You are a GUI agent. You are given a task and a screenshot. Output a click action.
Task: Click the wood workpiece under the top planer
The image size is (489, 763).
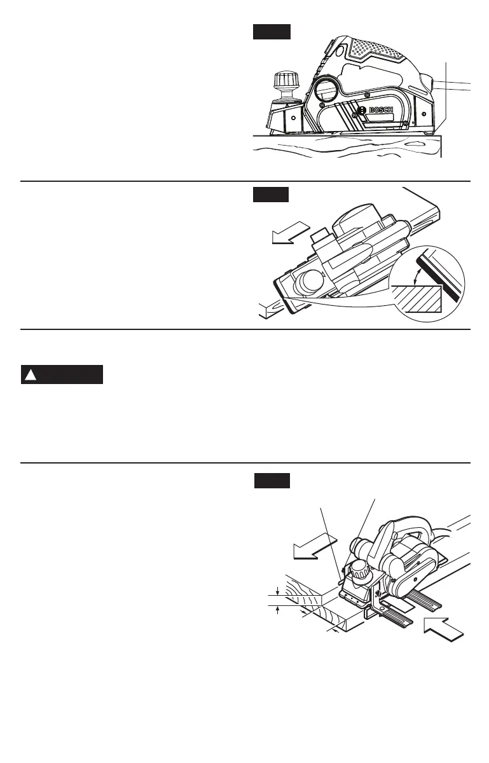(343, 151)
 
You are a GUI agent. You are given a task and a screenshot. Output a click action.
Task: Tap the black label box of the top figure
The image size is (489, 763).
(272, 32)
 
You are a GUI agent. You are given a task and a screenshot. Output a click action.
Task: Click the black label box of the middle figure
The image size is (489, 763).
(270, 194)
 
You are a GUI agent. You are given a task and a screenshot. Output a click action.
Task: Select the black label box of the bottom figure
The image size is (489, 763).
(272, 481)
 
